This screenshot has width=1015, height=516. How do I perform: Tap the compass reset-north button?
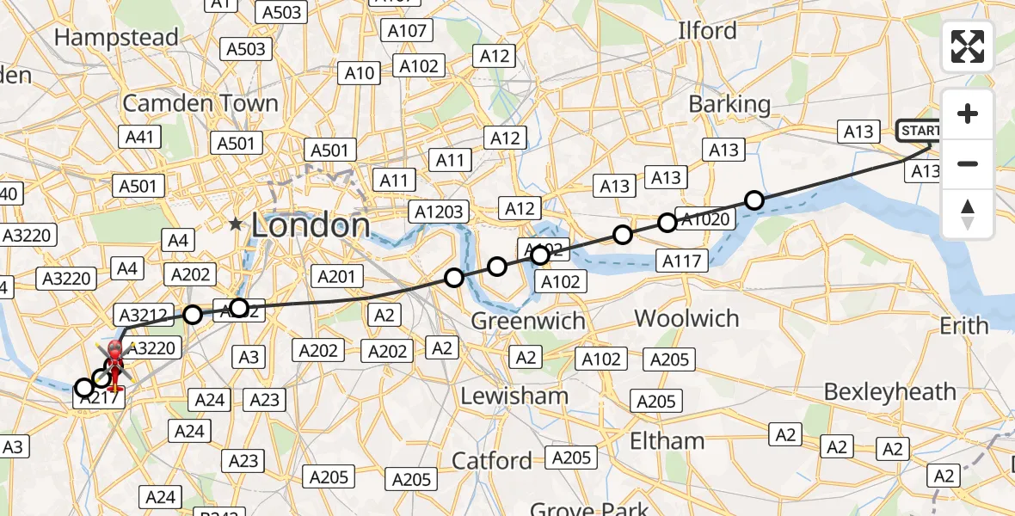pos(968,212)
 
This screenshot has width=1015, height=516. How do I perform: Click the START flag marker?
pos(920,131)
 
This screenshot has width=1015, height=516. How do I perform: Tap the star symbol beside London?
pos(236,224)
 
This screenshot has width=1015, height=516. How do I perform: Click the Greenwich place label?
pos(528,321)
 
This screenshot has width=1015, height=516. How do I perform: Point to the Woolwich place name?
pos(686,318)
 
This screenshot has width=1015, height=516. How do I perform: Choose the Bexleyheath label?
pos(889,391)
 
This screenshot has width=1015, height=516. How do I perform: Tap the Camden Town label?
pos(200,103)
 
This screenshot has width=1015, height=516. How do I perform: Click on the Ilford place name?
pos(707,31)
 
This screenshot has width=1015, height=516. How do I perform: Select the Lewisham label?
pos(514,396)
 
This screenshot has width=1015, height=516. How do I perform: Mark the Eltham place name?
pos(667,441)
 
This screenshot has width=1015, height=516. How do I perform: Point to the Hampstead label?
pos(116,38)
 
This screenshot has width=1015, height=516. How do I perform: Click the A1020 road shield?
pos(705,218)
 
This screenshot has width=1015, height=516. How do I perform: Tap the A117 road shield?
pos(682,260)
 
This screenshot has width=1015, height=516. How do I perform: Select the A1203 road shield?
pos(439,212)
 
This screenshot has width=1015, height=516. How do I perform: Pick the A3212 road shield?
pos(144,316)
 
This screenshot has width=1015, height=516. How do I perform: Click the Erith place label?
pos(964,326)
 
